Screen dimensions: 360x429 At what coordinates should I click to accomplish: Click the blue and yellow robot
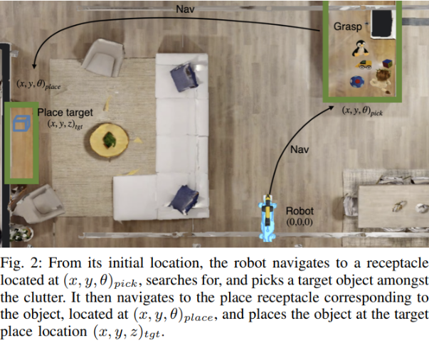click(268, 216)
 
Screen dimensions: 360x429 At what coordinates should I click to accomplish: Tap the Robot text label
click(299, 211)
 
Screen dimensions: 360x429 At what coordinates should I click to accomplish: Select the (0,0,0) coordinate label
click(299, 222)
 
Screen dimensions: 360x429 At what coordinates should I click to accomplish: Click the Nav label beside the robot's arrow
click(299, 149)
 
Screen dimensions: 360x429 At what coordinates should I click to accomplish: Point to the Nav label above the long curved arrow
click(186, 9)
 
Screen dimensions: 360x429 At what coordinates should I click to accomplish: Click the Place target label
click(65, 112)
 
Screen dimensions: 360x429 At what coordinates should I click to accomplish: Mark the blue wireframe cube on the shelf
click(22, 123)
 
